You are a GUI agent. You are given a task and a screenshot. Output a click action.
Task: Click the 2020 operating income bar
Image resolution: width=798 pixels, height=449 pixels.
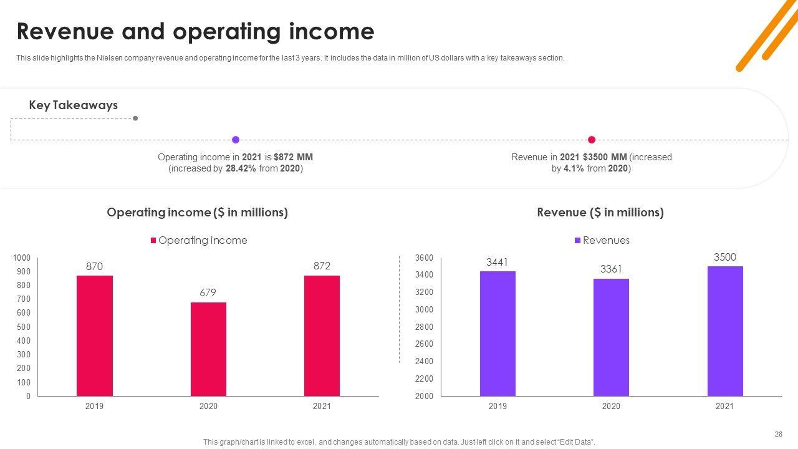[208, 349]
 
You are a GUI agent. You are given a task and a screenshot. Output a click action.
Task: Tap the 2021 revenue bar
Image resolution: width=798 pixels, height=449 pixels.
[725, 331]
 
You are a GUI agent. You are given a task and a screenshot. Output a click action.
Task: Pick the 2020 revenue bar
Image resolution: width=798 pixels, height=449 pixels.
[611, 337]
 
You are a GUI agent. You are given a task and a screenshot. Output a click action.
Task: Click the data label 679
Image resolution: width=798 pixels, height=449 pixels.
[208, 292]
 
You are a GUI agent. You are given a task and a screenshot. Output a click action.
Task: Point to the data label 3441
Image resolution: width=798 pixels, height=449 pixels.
[497, 262]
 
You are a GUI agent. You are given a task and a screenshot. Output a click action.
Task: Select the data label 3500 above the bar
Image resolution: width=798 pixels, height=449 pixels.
[725, 257]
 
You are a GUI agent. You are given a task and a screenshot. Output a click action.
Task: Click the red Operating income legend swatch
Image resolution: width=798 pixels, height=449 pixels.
[153, 241]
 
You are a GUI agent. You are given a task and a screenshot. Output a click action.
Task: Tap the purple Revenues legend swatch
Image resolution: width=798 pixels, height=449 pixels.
[578, 241]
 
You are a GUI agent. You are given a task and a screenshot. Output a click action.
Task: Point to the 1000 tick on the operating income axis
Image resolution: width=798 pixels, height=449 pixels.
[22, 258]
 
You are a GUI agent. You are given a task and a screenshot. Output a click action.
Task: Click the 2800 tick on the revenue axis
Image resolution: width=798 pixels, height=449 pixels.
[424, 327]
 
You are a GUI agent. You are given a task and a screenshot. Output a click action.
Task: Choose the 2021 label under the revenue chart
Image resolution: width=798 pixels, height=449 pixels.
[724, 407]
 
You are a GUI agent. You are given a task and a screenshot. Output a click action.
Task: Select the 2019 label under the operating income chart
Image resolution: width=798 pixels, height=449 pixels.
[94, 407]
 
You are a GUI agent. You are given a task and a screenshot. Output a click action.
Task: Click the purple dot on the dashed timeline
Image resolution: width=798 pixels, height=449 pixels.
[236, 140]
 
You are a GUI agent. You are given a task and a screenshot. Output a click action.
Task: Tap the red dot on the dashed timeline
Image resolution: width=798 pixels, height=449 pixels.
[592, 140]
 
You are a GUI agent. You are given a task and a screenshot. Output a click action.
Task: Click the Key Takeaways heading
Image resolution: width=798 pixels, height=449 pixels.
[73, 105]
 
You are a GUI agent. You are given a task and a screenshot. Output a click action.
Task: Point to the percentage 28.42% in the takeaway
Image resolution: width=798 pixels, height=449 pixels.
[241, 168]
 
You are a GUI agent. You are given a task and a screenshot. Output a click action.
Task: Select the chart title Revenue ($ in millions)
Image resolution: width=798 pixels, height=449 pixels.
[600, 213]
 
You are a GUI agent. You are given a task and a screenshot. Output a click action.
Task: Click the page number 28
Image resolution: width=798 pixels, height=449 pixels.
[778, 434]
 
